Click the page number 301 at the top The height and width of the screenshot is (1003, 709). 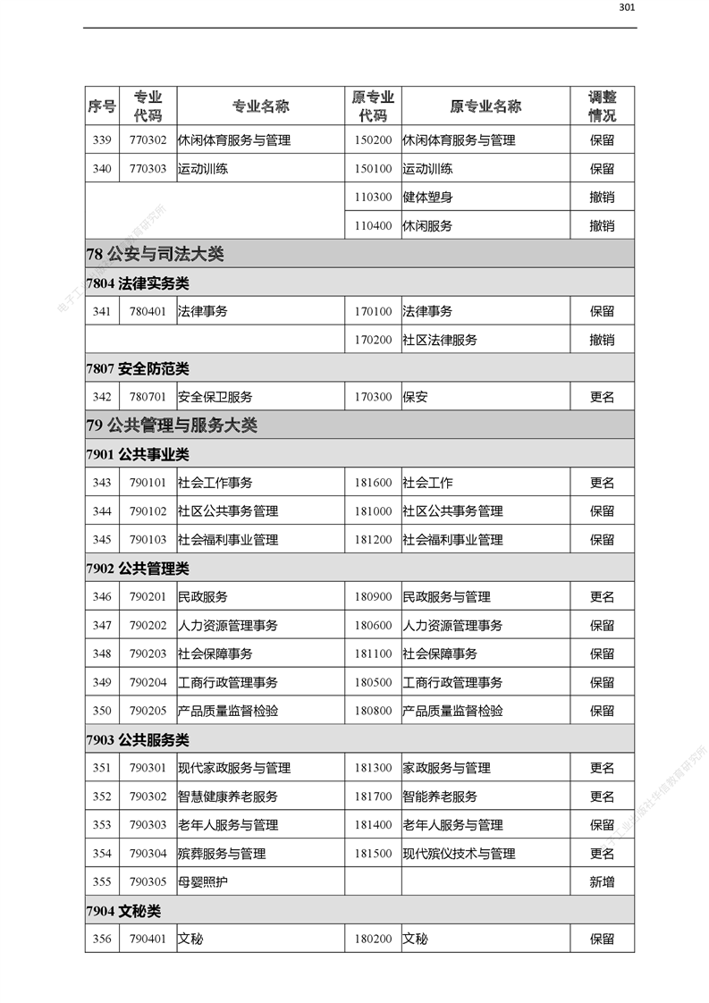627,8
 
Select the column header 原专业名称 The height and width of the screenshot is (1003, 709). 485,106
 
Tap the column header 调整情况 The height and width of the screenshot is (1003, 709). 602,106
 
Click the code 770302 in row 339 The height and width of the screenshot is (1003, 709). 148,140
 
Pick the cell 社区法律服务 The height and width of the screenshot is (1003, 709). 440,340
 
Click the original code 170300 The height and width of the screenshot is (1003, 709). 373,397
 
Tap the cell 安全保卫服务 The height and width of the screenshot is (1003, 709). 215,397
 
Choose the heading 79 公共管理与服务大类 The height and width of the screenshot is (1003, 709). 172,426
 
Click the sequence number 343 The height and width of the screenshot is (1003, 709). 102,483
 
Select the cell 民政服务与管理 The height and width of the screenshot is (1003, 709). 446,597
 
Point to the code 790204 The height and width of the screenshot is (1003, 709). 148,682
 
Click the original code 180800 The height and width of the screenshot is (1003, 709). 373,711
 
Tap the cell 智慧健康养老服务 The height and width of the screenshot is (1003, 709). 227,796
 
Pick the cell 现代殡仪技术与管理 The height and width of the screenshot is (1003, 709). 459,854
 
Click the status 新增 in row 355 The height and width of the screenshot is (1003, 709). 602,882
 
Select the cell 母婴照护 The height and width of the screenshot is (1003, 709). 202,882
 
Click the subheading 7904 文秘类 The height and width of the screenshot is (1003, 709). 124,911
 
